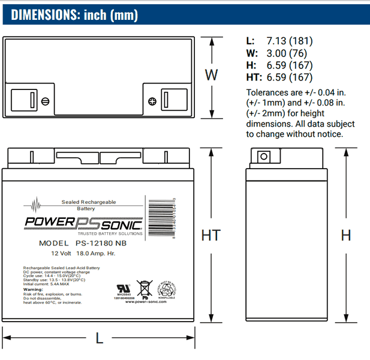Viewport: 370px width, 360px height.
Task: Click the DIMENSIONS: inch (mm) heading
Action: (x=74, y=14)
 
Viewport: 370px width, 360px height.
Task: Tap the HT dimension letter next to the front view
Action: (x=210, y=235)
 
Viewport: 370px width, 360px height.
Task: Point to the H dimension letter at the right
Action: (x=346, y=235)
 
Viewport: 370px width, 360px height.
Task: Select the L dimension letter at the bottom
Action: (x=100, y=338)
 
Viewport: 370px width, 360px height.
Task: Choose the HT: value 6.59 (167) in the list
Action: (x=288, y=78)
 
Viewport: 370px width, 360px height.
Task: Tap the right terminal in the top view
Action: (x=167, y=100)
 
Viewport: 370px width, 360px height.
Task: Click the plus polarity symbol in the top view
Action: (x=152, y=100)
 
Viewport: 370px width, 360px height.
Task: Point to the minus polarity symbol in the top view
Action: (x=44, y=100)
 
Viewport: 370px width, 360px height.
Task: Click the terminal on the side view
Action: (x=262, y=157)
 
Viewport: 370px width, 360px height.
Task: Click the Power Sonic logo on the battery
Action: (x=83, y=224)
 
